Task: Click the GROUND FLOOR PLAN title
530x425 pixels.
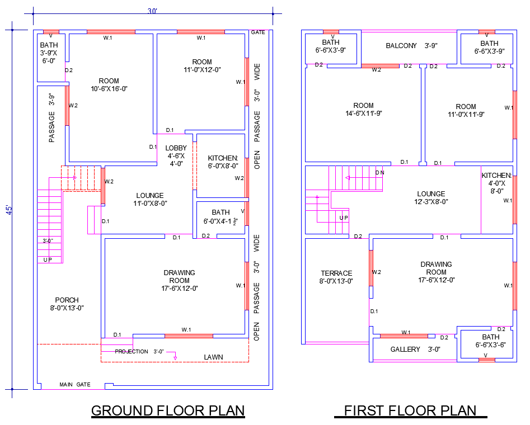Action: pos(168,411)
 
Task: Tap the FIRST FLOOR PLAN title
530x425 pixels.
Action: pos(410,411)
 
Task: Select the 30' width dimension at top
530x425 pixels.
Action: pos(152,11)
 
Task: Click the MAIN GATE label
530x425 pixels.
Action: pos(75,385)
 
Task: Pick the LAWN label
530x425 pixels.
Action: pos(213,356)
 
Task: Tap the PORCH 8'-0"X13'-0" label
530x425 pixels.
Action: pos(67,304)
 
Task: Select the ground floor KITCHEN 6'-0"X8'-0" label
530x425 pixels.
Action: pos(223,162)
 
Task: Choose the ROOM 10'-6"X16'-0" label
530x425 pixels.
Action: pos(109,84)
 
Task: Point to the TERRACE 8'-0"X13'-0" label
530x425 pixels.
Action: pos(336,277)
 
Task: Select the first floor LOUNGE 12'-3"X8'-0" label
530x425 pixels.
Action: pos(431,197)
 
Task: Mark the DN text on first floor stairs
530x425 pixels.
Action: pos(379,173)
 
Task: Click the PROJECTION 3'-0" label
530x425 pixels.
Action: pos(139,352)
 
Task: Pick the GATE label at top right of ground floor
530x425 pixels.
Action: pos(258,32)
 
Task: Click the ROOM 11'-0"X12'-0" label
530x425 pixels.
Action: pos(202,66)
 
